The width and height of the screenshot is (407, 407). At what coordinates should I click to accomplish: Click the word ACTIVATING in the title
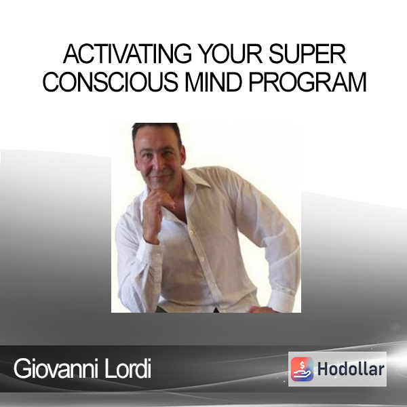click(x=128, y=54)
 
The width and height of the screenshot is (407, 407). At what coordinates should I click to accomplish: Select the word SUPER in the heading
click(x=307, y=54)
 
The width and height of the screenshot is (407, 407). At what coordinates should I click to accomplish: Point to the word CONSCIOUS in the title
click(x=111, y=82)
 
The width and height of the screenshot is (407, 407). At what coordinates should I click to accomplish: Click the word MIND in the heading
click(x=213, y=82)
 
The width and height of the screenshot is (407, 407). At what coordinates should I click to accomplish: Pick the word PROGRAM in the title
click(x=307, y=82)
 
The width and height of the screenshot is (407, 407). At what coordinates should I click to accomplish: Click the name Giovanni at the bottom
click(x=56, y=368)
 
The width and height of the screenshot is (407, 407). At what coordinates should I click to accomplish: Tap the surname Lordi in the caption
click(x=128, y=368)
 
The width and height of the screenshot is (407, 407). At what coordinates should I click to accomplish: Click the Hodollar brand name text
click(x=351, y=369)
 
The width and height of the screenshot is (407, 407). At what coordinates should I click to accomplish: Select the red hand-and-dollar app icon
click(x=302, y=369)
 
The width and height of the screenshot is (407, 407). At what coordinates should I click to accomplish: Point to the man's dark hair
click(x=156, y=132)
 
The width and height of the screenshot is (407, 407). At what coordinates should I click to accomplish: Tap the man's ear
click(x=182, y=156)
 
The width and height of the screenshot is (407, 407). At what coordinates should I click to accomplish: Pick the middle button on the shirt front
click(x=201, y=258)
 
